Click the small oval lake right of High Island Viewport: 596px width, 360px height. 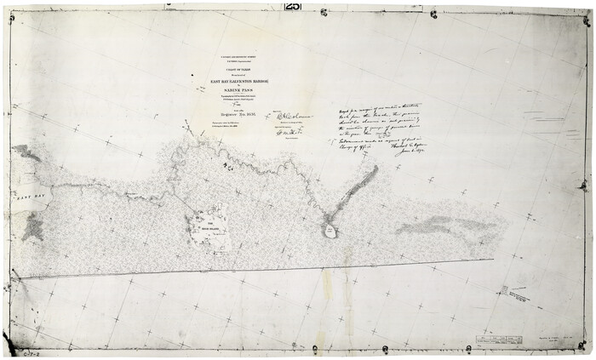tap(330, 231)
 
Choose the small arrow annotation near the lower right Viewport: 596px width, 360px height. tap(515, 295)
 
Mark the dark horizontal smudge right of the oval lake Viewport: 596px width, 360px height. tap(430, 226)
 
